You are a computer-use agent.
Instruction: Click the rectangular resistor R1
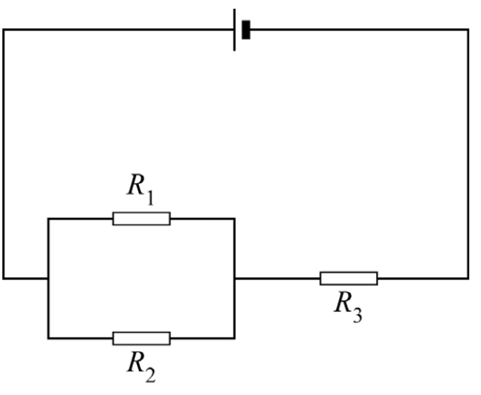(141, 219)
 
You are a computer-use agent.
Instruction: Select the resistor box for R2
(141, 338)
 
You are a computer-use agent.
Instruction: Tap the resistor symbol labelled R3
(349, 279)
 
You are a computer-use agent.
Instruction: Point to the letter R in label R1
(136, 184)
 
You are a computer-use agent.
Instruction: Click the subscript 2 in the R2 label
(151, 375)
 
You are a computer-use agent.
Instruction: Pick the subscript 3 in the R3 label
(357, 315)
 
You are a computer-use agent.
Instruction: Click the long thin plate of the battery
(235, 30)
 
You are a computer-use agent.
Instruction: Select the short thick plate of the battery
(246, 30)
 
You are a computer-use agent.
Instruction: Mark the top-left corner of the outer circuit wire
(4, 30)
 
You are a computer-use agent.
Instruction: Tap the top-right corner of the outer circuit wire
(468, 30)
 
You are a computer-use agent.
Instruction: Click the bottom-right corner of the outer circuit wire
(468, 279)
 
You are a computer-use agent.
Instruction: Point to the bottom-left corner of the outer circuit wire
(4, 279)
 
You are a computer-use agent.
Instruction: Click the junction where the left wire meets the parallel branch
(48, 279)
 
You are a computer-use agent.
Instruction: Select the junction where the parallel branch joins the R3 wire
(235, 279)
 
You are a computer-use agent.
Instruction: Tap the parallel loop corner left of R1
(48, 219)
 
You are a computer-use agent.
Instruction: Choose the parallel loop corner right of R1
(235, 219)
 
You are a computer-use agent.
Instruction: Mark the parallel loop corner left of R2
(48, 338)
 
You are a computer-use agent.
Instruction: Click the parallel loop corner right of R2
(235, 338)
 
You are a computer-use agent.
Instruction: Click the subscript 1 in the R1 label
(150, 197)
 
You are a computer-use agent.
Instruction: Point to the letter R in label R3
(343, 302)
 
